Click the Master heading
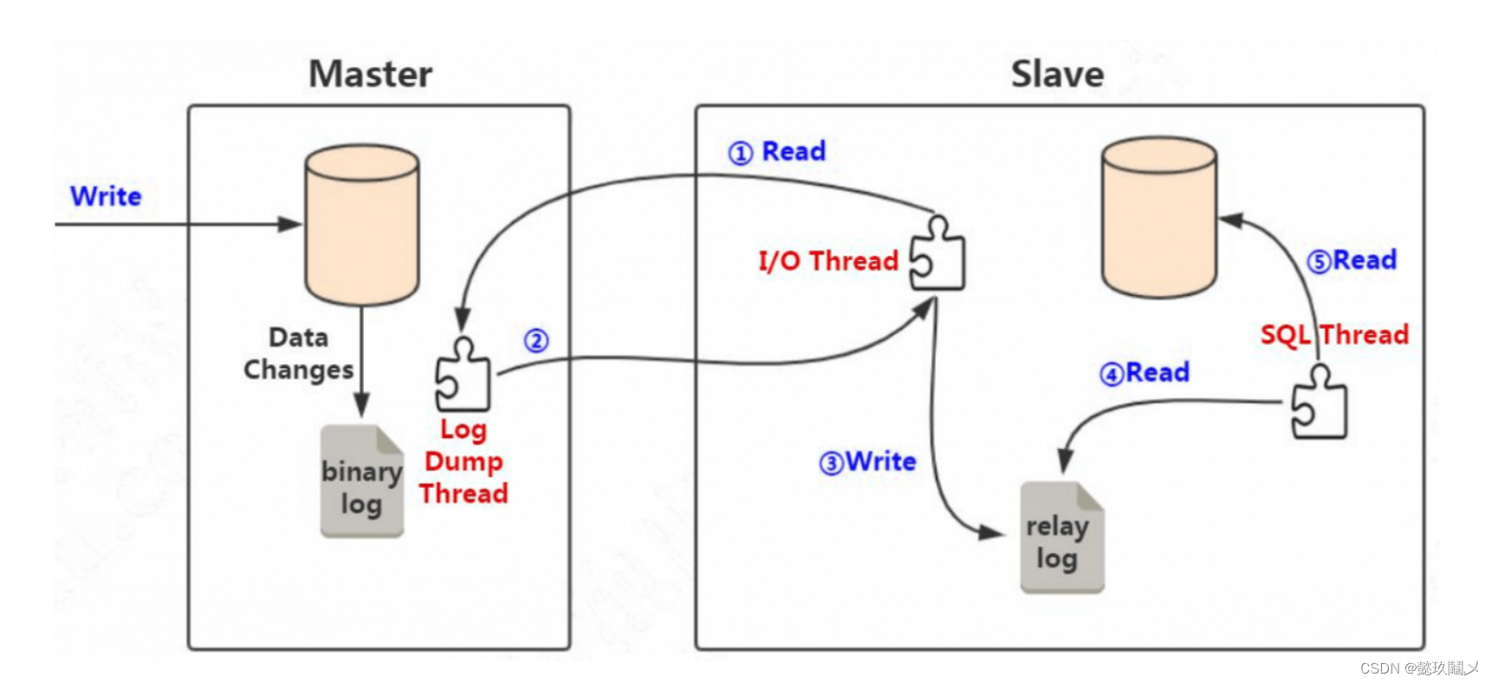tap(371, 74)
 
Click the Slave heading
tap(1057, 74)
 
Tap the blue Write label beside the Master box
tap(106, 196)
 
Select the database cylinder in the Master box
tap(362, 225)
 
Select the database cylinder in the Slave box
tap(1158, 217)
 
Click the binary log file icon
tap(362, 482)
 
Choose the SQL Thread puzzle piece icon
tap(1319, 403)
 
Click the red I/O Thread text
tap(827, 261)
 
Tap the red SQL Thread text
tap(1334, 335)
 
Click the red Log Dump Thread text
tap(464, 461)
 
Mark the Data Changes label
tap(299, 354)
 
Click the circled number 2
tap(536, 341)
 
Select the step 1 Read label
tap(777, 152)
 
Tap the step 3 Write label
tap(868, 461)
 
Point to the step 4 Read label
tap(1145, 373)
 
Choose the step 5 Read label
tap(1353, 260)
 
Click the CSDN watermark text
tap(1418, 668)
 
